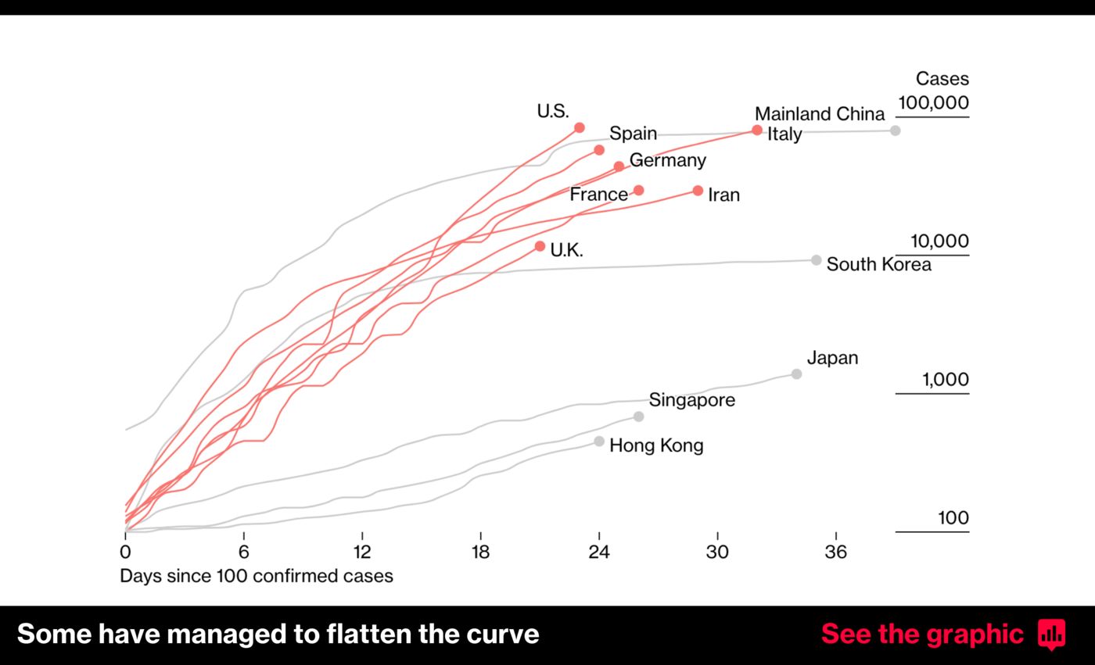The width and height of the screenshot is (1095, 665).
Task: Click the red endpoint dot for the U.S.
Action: click(x=580, y=127)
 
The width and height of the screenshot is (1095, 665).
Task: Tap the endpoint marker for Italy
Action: click(x=757, y=130)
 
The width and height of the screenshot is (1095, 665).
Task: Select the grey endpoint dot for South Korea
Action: click(x=816, y=260)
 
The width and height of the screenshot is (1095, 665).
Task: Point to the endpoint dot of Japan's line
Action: click(x=796, y=374)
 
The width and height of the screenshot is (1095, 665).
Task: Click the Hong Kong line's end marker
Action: click(x=599, y=442)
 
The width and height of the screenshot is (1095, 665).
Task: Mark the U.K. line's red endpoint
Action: click(x=540, y=246)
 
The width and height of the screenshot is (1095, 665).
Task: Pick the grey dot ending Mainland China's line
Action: click(x=896, y=130)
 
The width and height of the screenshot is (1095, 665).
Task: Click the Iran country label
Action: click(x=723, y=195)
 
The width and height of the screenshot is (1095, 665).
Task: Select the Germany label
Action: click(x=667, y=160)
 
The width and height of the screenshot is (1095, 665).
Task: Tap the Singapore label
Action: click(x=691, y=400)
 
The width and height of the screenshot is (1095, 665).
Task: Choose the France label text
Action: click(x=598, y=195)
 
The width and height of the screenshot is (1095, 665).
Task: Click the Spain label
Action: click(x=633, y=133)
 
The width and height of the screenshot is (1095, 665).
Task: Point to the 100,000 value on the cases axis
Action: click(x=933, y=102)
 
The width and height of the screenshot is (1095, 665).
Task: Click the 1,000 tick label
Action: click(x=945, y=380)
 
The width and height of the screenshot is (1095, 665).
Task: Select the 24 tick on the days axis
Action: click(x=599, y=552)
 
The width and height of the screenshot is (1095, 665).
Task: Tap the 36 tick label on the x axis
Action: click(x=835, y=552)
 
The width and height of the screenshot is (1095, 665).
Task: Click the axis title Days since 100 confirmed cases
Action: click(x=256, y=576)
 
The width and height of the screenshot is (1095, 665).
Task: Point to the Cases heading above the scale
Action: click(x=942, y=78)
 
